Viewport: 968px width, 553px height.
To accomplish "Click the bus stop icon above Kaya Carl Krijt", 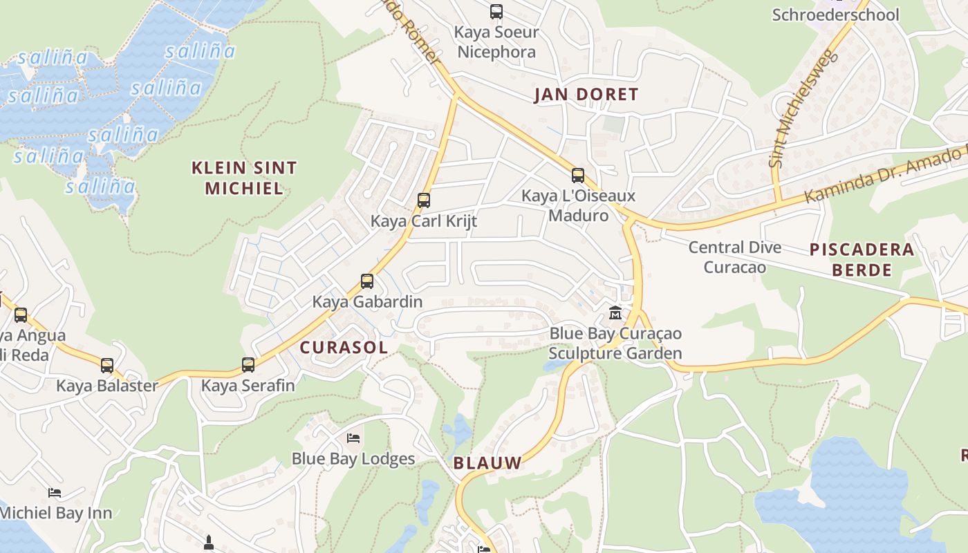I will (424, 200).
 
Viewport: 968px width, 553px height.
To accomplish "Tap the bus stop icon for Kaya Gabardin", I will (367, 281).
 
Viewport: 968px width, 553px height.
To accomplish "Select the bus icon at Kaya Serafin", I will (248, 364).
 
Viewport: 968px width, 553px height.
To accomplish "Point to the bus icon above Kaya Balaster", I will (107, 365).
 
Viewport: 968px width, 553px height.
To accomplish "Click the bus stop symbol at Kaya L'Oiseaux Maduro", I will (578, 176).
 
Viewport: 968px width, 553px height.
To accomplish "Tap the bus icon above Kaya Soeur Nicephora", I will (496, 12).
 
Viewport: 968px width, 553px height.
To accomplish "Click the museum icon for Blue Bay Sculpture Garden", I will (615, 313).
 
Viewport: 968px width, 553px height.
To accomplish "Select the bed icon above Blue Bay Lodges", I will (353, 438).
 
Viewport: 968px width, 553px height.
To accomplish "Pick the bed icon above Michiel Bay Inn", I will (55, 493).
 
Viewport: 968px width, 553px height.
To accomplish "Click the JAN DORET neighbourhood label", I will (586, 95).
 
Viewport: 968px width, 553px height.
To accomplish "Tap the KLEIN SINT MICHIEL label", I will (244, 178).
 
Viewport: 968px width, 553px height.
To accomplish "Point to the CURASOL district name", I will (344, 348).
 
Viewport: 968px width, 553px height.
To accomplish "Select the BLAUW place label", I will (487, 463).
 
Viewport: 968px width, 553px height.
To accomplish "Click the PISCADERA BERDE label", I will (862, 259).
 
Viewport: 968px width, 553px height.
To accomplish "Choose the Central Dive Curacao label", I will (735, 256).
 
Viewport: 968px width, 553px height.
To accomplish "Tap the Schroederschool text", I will (835, 15).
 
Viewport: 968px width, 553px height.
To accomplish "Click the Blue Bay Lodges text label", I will (353, 458).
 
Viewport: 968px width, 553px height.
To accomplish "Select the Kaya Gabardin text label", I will (367, 301).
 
